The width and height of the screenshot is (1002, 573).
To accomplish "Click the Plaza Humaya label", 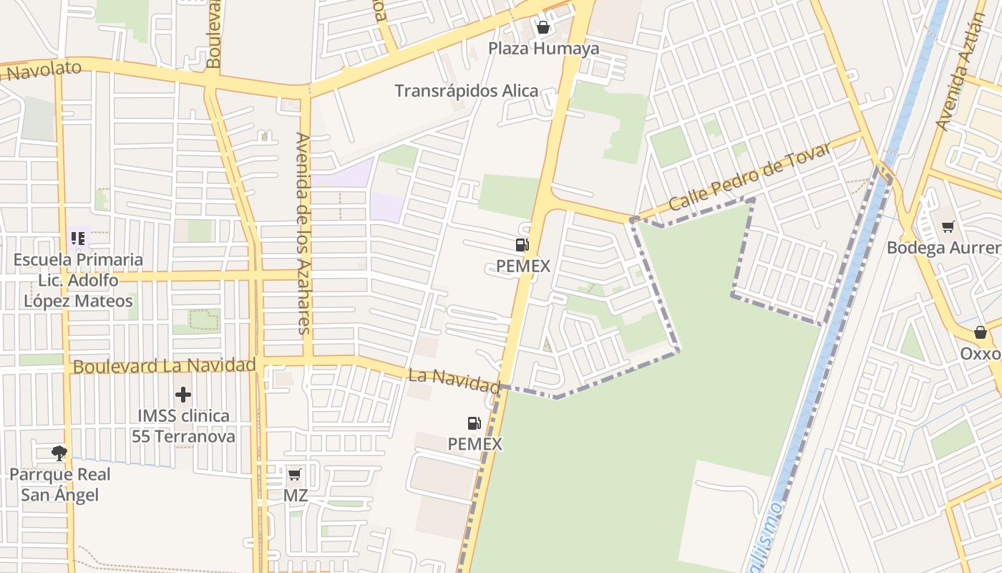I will click(x=543, y=49).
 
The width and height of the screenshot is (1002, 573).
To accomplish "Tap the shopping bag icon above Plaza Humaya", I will click(x=543, y=28).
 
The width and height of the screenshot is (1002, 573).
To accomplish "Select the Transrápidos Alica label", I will click(x=466, y=91).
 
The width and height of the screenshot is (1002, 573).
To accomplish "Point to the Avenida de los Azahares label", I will click(x=303, y=233).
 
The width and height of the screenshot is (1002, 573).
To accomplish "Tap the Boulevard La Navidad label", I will click(x=164, y=366).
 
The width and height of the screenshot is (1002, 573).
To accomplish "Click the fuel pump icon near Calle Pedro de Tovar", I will click(x=522, y=245).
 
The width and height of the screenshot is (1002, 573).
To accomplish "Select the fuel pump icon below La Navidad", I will click(x=474, y=423).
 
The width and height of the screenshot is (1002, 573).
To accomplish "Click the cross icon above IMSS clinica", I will click(x=183, y=395).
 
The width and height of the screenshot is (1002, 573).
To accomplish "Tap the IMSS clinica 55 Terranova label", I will click(x=183, y=425).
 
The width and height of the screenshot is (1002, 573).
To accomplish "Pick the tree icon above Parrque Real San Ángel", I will click(x=59, y=453).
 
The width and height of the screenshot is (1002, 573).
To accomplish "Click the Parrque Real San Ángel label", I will click(x=59, y=484).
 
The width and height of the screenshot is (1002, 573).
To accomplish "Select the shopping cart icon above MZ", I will click(x=294, y=474).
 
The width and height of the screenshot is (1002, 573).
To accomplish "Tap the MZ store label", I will click(x=295, y=495).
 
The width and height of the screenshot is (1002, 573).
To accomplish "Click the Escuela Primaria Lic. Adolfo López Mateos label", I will click(x=78, y=280).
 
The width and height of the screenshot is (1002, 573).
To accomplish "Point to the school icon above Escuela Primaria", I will click(x=78, y=239).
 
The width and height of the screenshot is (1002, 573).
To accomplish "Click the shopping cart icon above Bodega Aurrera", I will click(x=948, y=227).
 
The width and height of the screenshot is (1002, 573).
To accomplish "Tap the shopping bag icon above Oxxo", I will click(x=981, y=333).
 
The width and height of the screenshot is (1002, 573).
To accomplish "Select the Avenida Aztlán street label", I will click(x=960, y=69).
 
